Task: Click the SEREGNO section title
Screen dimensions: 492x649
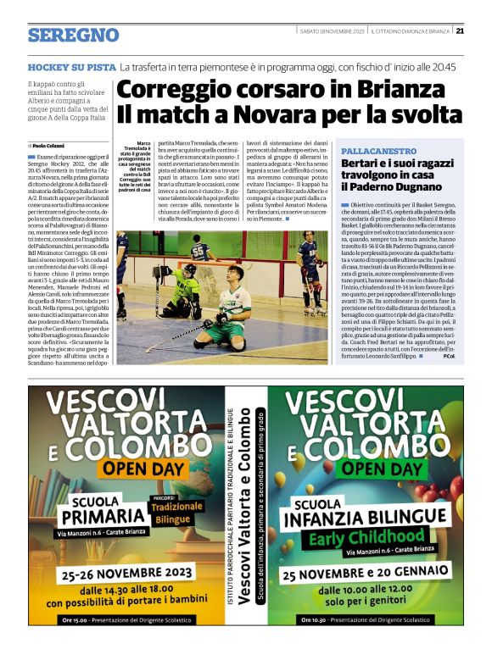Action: tap(73, 35)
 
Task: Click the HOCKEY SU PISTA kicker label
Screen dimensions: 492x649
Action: tap(70, 66)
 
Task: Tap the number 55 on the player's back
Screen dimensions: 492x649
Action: tap(199, 250)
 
